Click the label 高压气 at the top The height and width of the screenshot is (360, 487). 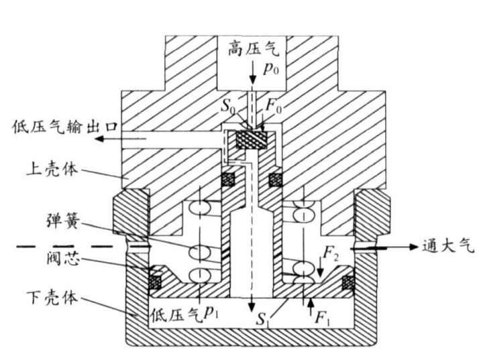(x=252, y=48)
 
